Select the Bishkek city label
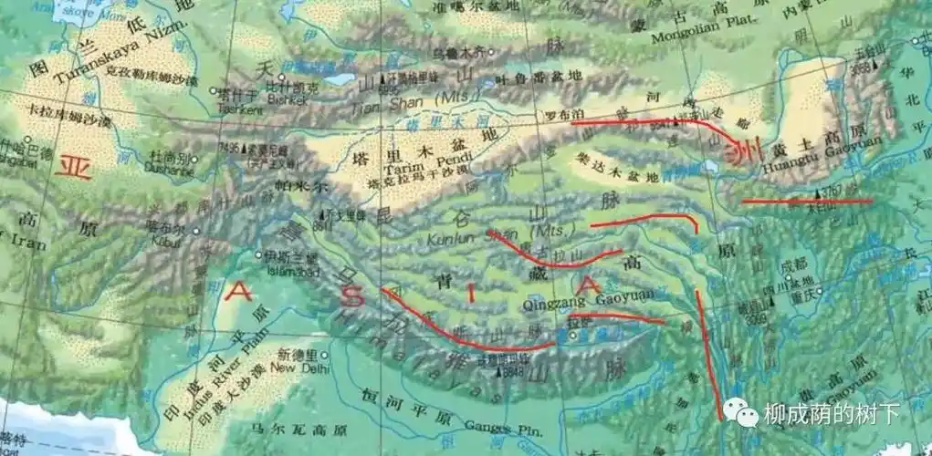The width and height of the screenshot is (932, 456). tap(278, 100)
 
